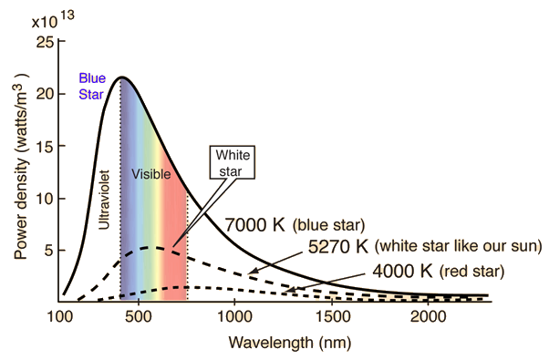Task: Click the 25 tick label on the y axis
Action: pos(46,43)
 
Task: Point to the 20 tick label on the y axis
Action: pos(46,95)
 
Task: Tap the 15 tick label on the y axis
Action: pos(46,146)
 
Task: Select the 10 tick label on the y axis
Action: pos(46,199)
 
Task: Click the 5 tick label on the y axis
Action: pos(49,251)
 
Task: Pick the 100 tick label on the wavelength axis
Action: pos(59,317)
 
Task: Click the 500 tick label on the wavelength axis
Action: pos(139,317)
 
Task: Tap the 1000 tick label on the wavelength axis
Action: pos(234,317)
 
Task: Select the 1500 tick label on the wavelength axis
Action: pos(332,317)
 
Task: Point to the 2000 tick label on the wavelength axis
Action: pos(429,317)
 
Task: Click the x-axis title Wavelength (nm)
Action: pos(290,343)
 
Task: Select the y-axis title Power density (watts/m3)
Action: pos(21,166)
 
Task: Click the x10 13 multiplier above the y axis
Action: pos(53,19)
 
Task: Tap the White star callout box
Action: pos(233,162)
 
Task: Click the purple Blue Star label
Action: pos(92,86)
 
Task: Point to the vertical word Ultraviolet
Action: pos(104,200)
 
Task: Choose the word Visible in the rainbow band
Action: pos(150,174)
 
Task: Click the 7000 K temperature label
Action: pos(254,225)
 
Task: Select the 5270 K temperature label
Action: pos(338,247)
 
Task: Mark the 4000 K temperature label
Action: pos(403,271)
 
